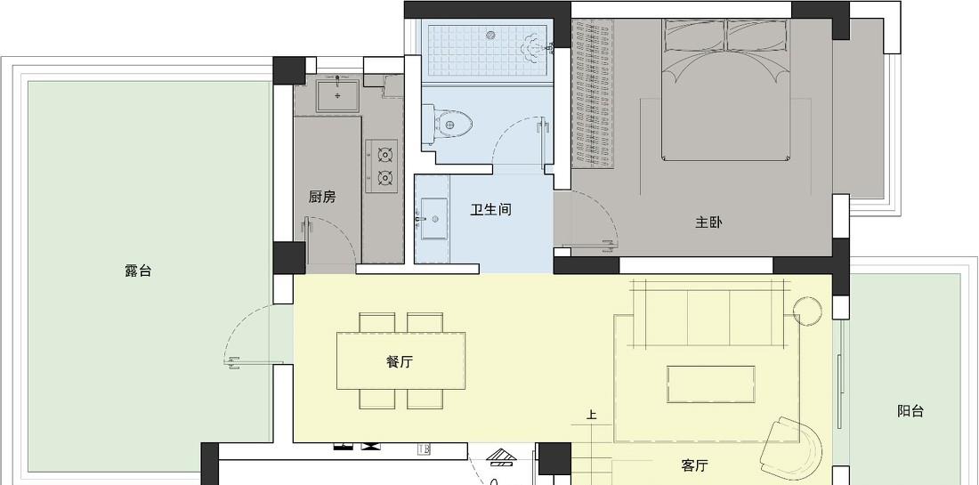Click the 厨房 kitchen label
322,198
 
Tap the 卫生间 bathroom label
490,210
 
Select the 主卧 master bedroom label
709,222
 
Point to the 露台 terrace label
138,271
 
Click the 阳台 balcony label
910,411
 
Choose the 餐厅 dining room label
400,361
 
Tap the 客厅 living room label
694,465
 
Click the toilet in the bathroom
445,125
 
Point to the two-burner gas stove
382,166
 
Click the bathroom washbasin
432,218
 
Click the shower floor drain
490,35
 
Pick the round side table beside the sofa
807,311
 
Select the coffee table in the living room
710,384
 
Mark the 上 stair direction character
591,415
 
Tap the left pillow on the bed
694,36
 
